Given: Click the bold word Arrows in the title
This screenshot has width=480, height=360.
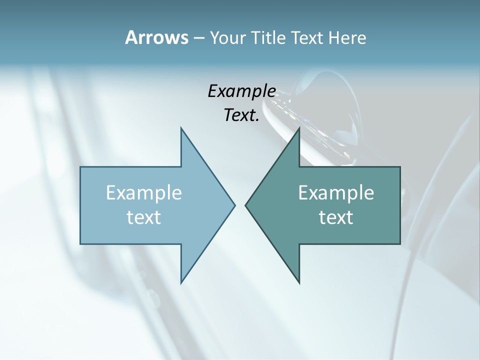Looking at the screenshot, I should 156,37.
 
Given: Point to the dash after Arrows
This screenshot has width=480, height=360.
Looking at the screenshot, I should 198,38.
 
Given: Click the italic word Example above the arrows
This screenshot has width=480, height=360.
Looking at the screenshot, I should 242,91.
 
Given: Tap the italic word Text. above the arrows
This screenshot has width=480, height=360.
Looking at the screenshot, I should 242,115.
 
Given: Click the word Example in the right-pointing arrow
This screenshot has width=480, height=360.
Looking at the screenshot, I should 144,193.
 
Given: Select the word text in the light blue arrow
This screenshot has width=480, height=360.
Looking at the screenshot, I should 144,217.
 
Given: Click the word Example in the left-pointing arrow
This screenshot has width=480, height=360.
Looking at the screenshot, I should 336,193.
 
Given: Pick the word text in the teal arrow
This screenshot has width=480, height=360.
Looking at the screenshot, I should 336,217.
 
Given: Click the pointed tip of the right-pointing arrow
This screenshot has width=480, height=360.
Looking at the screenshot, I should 235,205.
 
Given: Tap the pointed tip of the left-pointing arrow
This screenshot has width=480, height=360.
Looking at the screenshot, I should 245,205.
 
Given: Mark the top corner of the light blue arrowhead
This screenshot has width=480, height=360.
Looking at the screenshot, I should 181,128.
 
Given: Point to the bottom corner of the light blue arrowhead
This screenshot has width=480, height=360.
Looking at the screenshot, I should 181,283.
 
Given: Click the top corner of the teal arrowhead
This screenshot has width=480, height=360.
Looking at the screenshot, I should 299,128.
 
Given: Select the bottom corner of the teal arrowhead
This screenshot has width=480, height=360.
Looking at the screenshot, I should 299,283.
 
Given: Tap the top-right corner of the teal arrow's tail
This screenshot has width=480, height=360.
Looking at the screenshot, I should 400,167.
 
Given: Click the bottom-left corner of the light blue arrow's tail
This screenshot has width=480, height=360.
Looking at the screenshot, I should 80,244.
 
